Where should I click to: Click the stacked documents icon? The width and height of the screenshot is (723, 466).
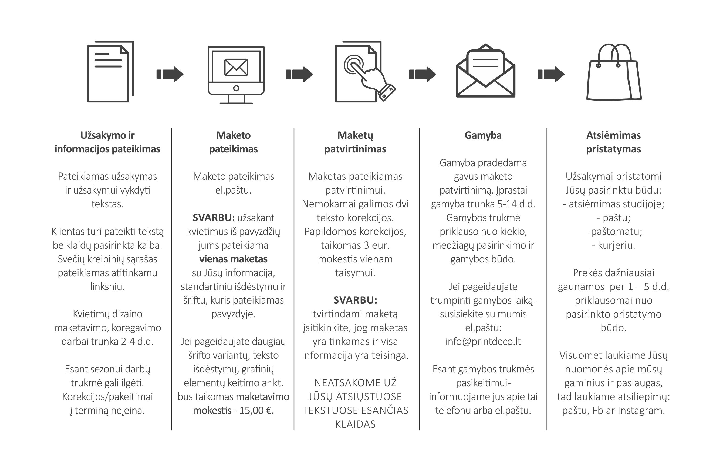click(x=110, y=71)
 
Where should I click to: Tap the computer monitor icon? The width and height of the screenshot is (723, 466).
click(x=236, y=75)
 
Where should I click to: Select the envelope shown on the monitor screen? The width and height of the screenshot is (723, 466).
click(x=236, y=67)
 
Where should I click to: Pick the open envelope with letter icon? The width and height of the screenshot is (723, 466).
click(x=485, y=71)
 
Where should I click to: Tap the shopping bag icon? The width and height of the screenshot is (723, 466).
click(x=614, y=72)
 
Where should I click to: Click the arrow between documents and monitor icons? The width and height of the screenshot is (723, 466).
click(x=170, y=74)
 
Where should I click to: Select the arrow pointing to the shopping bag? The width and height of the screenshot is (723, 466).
click(x=551, y=74)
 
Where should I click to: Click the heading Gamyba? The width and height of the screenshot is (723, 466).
click(x=483, y=135)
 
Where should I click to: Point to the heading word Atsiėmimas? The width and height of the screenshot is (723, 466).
click(x=613, y=135)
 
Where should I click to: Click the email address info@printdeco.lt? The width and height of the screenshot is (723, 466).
click(x=483, y=342)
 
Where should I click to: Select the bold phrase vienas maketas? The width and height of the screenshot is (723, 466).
click(x=233, y=259)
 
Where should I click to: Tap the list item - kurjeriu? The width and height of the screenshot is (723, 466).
click(x=613, y=245)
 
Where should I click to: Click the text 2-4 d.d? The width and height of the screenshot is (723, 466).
click(x=137, y=342)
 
